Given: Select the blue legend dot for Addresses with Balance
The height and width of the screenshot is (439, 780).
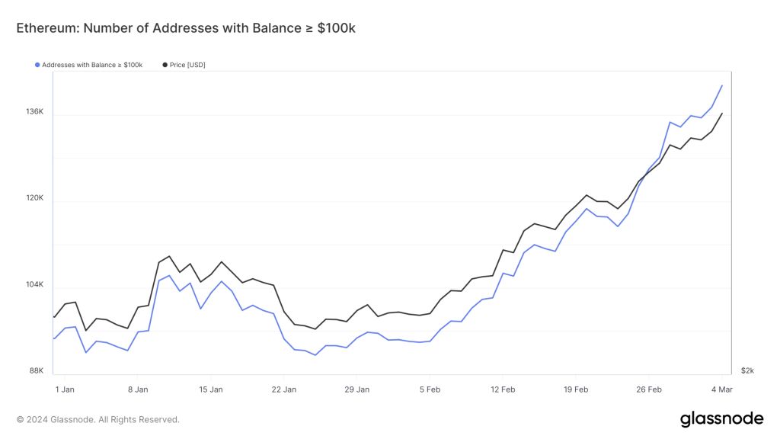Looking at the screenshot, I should tap(37, 65).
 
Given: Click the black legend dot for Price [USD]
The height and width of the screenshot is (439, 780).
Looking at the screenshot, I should tap(165, 65).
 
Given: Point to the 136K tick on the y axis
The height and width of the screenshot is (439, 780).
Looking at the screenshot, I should tap(35, 112).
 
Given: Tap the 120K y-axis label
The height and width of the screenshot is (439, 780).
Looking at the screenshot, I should tap(35, 198).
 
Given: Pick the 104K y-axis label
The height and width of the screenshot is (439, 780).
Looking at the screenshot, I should tap(35, 285).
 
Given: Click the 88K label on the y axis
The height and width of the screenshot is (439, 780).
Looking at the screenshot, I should tap(37, 371).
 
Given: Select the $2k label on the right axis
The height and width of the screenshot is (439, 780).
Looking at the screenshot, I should tap(747, 371).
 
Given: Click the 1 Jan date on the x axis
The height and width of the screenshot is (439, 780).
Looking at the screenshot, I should tap(65, 389).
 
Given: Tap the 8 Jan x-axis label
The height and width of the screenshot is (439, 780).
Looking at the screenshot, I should tap(138, 389).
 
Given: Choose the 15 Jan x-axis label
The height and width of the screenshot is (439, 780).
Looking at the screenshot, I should tap(211, 389).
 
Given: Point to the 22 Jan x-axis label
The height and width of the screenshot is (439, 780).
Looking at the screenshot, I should tap(284, 389).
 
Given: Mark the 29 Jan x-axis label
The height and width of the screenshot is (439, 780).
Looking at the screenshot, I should tap(357, 389).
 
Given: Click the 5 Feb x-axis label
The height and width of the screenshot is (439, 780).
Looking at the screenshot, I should tap(430, 389).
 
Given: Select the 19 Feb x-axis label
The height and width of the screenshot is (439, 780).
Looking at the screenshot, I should tap(576, 389).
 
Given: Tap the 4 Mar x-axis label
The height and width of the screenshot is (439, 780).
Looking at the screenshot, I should tap(721, 389).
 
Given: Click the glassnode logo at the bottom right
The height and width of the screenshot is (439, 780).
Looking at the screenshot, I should tap(721, 418).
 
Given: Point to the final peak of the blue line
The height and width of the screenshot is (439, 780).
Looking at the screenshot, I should tap(721, 86).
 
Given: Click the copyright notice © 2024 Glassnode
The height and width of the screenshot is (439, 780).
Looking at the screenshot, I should tap(98, 419).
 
